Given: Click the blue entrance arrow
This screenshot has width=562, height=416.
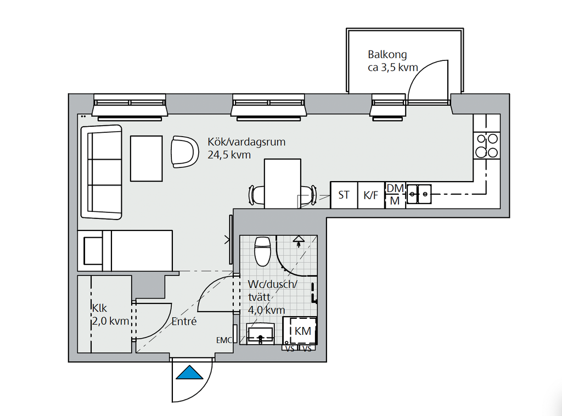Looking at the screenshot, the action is pos(189,373).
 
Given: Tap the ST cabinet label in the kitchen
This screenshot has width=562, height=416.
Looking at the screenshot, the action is pos(344,195).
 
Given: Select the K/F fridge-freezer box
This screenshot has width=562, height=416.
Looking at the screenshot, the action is pos(371,195).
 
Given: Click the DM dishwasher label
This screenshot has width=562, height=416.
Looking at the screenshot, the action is pos(395,188).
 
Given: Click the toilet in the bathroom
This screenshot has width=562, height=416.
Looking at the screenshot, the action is pos(262,251).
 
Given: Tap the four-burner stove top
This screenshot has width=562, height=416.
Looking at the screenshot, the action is pos(486,146).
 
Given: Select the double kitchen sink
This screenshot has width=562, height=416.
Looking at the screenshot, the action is pos(419,194).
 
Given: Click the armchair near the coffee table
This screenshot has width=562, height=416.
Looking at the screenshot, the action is pos(184,151).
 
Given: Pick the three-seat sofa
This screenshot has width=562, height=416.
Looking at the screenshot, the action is pos(102,172).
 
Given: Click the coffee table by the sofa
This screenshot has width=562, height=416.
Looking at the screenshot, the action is pos(146,159).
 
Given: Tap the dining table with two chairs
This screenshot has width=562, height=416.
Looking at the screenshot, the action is pos(283,183).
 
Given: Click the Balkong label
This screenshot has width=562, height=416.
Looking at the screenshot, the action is pos(387,54).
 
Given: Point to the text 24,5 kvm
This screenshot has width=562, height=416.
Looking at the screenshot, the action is pos(229,155).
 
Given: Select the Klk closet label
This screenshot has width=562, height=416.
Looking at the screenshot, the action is pos(99,308).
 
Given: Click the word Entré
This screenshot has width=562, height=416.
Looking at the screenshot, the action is pos(184,322).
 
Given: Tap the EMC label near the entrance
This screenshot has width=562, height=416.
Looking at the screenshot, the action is pos(224,340).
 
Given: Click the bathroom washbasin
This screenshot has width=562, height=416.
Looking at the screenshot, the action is pos(261,333).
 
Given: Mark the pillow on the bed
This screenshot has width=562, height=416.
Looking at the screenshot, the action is pos(93,251).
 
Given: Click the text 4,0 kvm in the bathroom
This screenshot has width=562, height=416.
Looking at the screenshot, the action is pos(266,310).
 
